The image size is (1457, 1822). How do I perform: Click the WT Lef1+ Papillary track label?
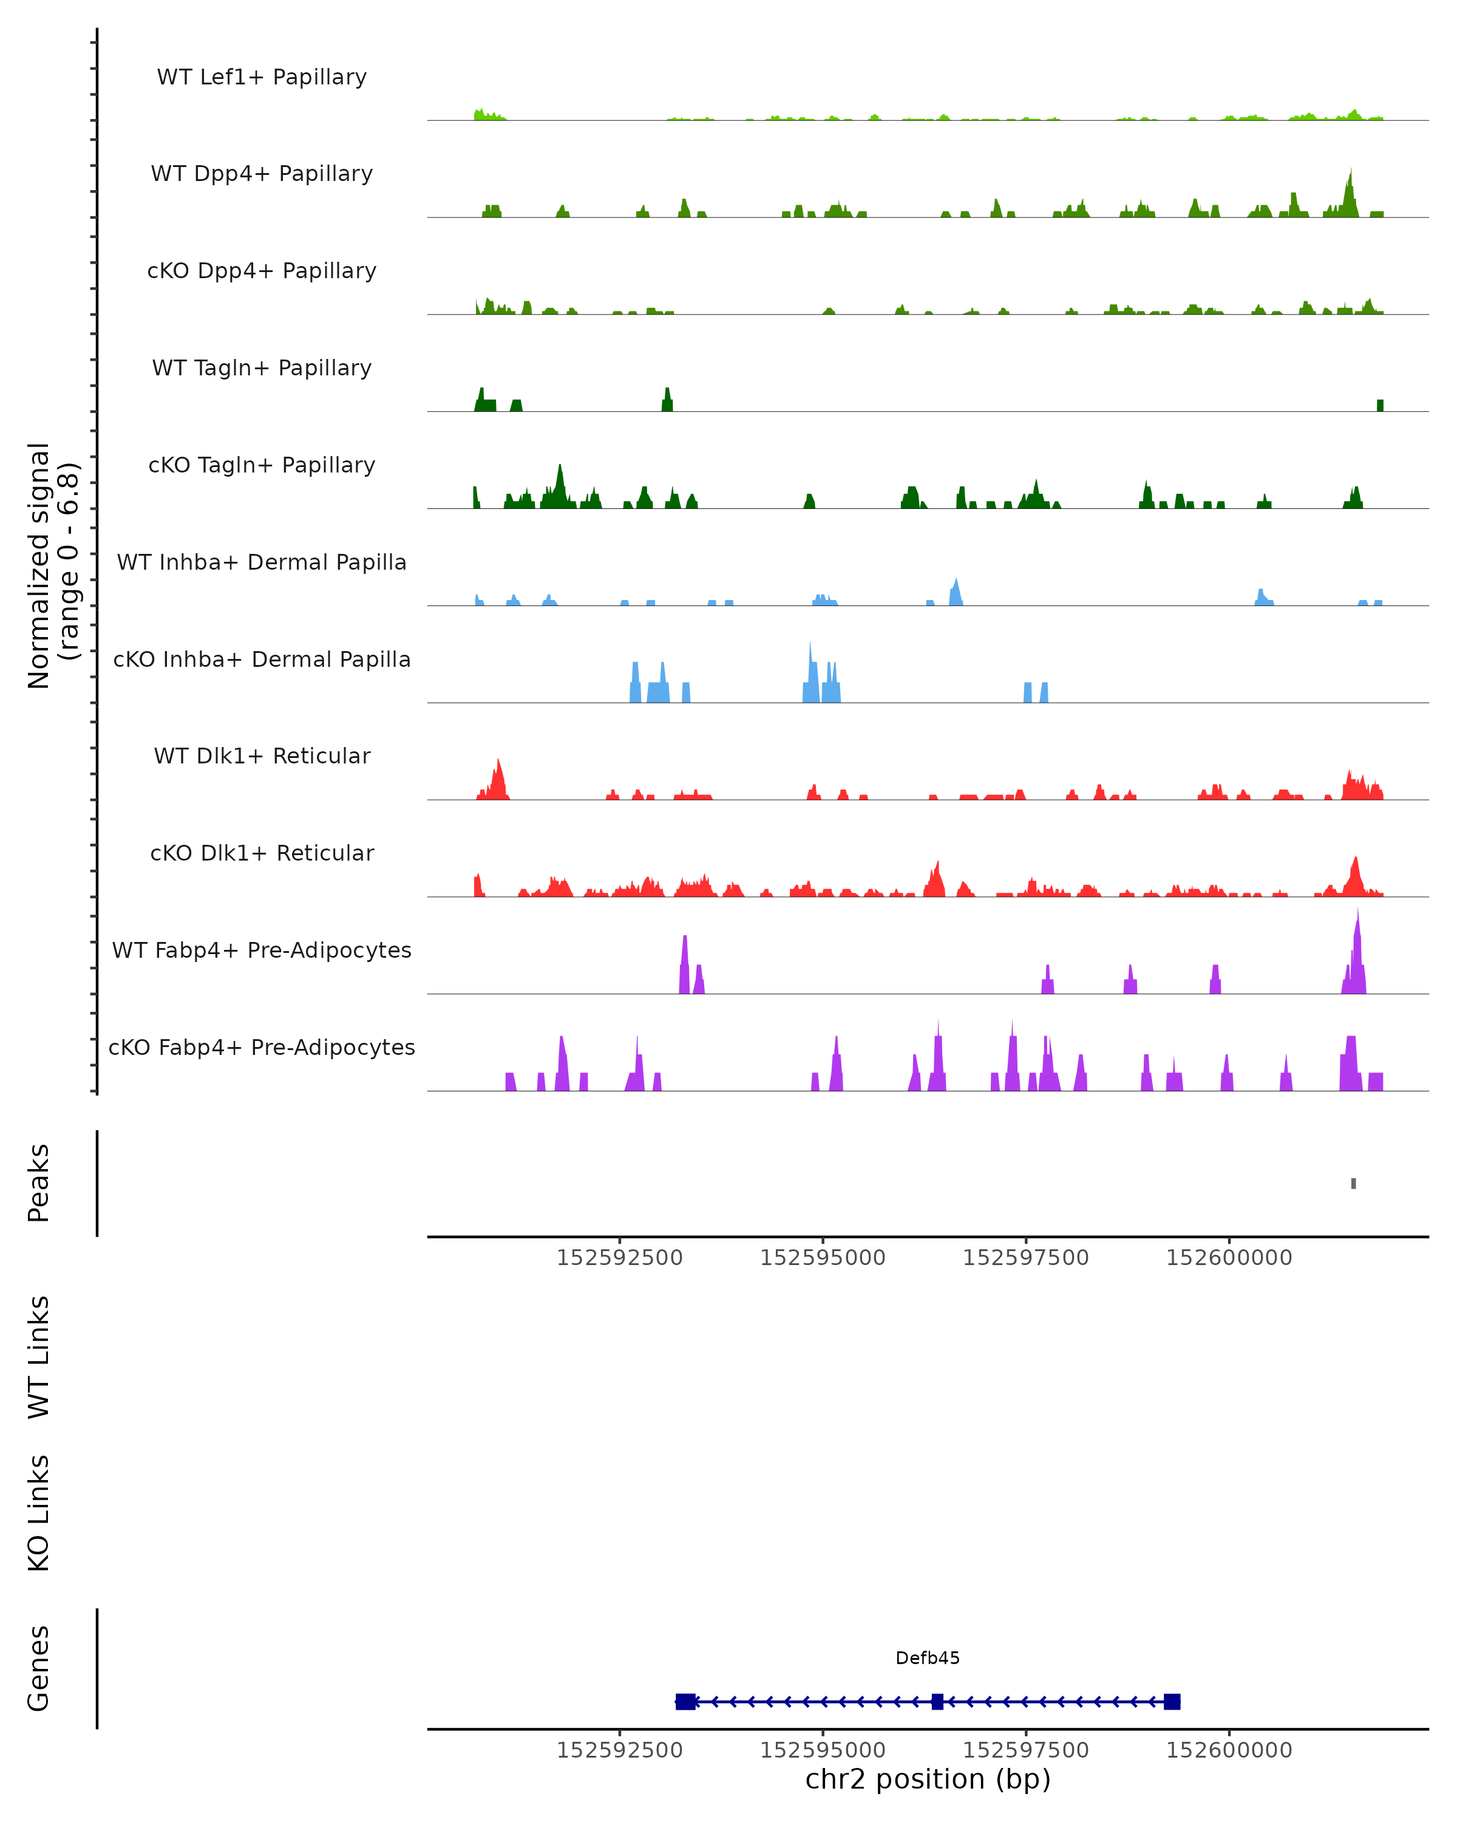coord(262,77)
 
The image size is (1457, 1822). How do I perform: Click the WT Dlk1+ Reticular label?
coord(262,756)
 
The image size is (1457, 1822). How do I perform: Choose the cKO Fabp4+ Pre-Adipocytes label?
coord(262,1047)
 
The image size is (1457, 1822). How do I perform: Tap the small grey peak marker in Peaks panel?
coord(1353,1183)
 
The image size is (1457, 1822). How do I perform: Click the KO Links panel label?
coord(39,1513)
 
